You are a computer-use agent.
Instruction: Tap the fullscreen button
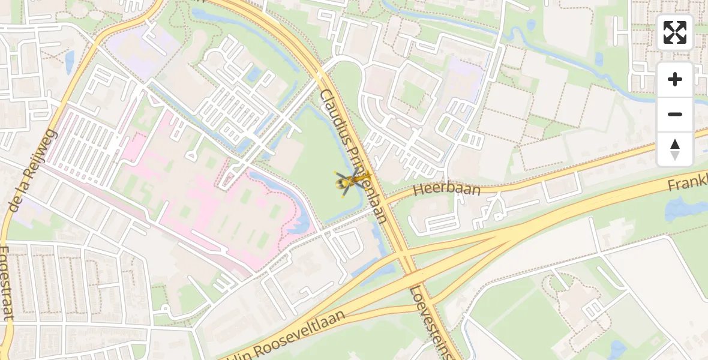coord(675,32)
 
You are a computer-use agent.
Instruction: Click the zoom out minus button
coord(675,114)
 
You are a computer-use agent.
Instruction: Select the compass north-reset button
coord(675,149)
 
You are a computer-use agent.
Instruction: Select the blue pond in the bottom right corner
coord(619,350)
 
